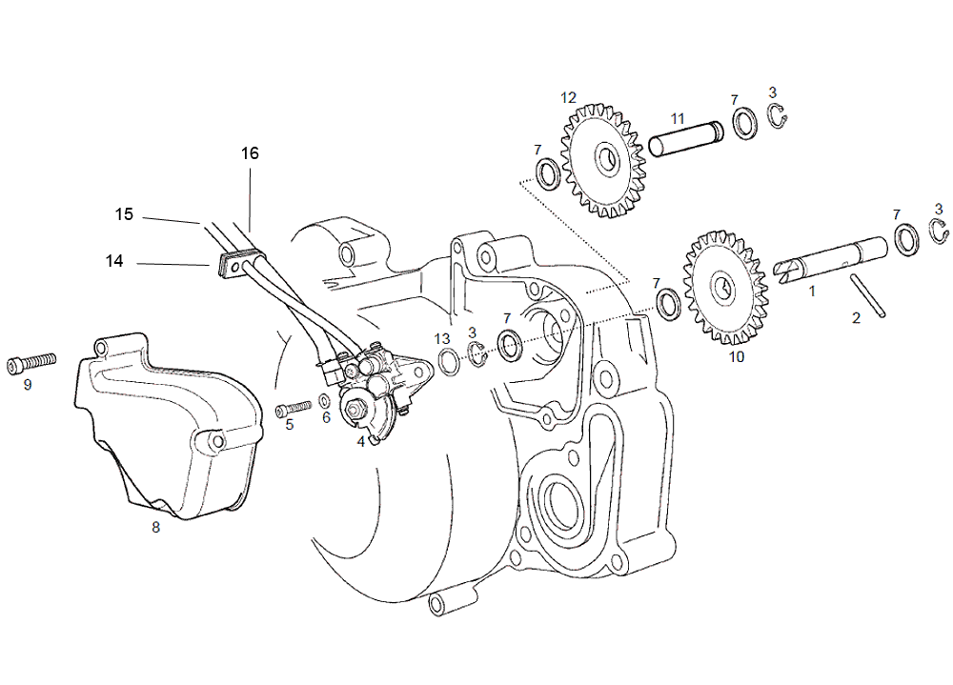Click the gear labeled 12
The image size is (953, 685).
[603, 161]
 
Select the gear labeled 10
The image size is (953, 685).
[725, 288]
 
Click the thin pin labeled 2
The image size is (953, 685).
[868, 295]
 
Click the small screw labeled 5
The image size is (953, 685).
[294, 408]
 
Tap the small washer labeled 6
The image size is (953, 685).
[325, 401]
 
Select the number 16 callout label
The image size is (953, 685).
[250, 153]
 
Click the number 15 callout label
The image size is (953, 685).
[124, 214]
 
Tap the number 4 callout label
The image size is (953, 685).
[361, 442]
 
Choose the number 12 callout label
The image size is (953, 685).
[568, 98]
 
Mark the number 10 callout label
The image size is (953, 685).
[737, 357]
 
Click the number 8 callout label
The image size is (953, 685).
[155, 528]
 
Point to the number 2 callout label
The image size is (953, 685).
[857, 318]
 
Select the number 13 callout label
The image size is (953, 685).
[442, 339]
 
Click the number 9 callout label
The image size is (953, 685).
[28, 385]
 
